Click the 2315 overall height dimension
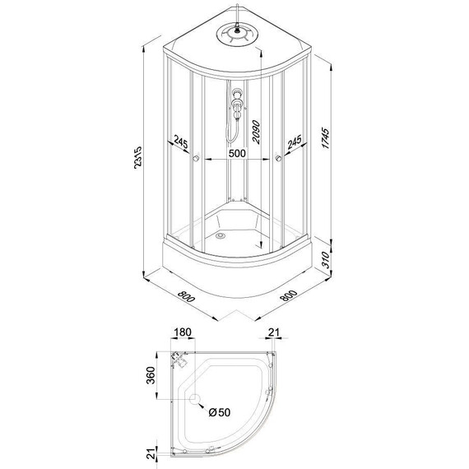point(138,158)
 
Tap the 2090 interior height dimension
point(257,132)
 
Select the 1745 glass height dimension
point(325,138)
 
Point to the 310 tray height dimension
point(325,260)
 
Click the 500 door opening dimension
point(237,153)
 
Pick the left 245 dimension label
point(181,142)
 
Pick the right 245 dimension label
point(295,142)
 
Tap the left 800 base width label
point(186,296)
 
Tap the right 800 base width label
point(289,295)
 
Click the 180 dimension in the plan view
point(183,332)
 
